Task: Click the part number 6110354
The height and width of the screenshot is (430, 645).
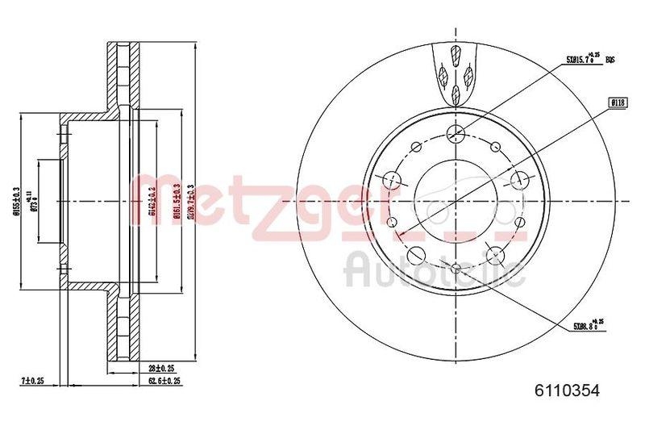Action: click(568, 390)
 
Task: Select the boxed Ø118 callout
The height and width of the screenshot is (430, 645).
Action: click(618, 102)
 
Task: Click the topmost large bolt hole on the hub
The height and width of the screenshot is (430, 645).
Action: click(456, 133)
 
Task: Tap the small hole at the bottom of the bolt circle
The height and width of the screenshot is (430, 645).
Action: click(456, 269)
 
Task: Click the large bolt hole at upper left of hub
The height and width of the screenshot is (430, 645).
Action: click(393, 178)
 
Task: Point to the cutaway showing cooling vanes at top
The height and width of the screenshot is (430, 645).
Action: click(456, 73)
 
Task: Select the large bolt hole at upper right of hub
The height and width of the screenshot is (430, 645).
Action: click(520, 178)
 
